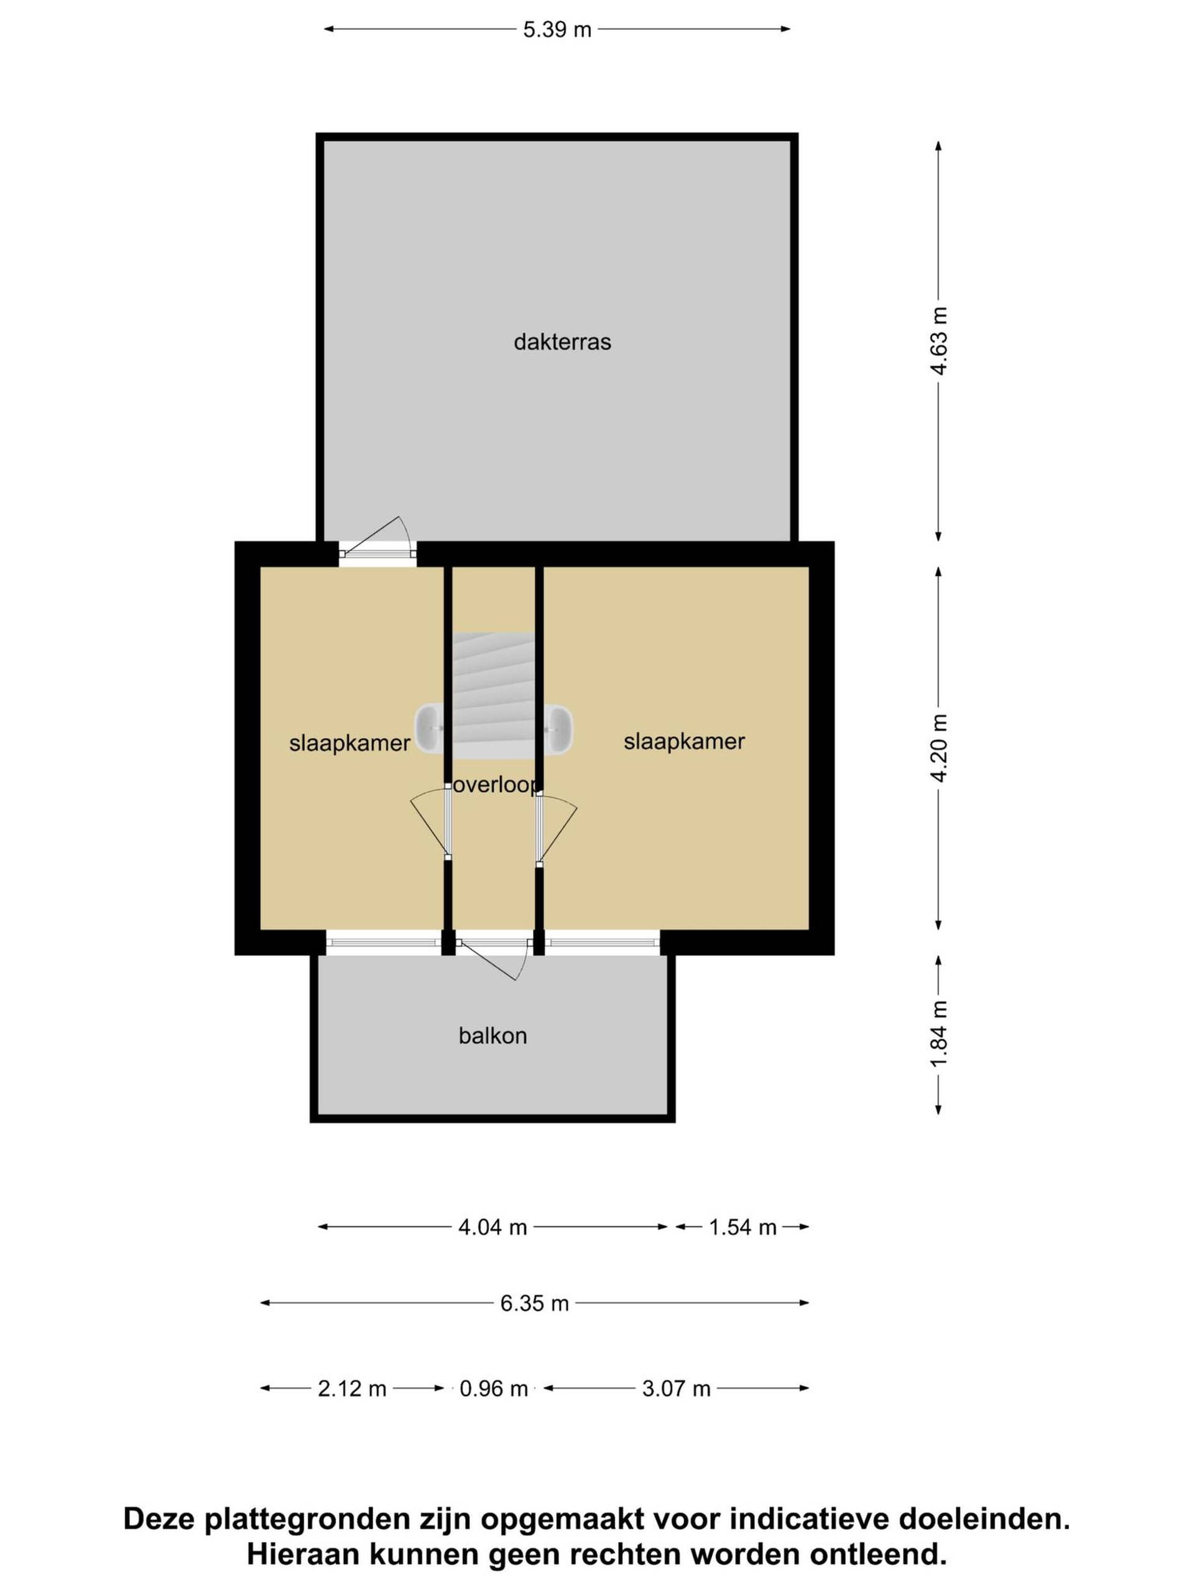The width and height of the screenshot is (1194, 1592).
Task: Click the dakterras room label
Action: (562, 341)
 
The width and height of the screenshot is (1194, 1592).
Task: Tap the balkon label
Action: (493, 1035)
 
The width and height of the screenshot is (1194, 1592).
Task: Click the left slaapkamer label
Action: (349, 743)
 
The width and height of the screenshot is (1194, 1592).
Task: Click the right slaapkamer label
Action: (683, 741)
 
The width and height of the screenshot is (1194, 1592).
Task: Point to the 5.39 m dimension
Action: (557, 29)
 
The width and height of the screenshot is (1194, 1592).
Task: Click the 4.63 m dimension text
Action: (938, 340)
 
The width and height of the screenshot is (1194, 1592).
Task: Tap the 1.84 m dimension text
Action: (938, 1034)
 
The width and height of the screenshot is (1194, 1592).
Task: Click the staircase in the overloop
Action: (494, 695)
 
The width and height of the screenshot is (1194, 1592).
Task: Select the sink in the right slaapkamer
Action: (558, 728)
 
